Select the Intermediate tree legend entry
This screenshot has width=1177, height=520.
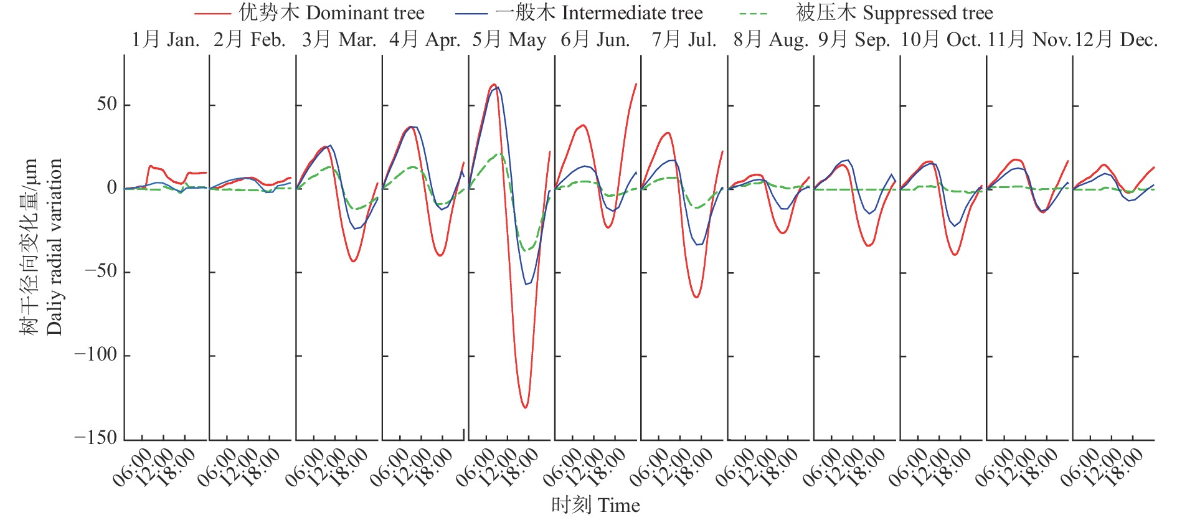pyautogui.click(x=579, y=12)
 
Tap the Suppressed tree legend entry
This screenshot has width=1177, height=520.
pyautogui.click(x=866, y=12)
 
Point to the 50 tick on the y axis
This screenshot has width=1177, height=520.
pyautogui.click(x=106, y=104)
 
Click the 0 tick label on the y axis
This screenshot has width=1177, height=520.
pyautogui.click(x=111, y=187)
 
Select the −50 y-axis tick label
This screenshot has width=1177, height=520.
pyautogui.click(x=100, y=271)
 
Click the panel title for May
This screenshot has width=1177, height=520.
pyautogui.click(x=509, y=40)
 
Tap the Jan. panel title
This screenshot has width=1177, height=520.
pyautogui.click(x=165, y=40)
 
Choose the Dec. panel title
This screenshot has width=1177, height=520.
pyautogui.click(x=1116, y=40)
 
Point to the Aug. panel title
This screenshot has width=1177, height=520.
pyautogui.click(x=770, y=40)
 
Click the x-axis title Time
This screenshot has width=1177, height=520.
pyautogui.click(x=595, y=505)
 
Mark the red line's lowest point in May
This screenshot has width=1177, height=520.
pyautogui.click(x=526, y=407)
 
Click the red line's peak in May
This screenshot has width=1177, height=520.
pyautogui.click(x=493, y=84)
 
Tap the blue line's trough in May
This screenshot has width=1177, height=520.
pyautogui.click(x=526, y=285)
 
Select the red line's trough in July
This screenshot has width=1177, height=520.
pyautogui.click(x=696, y=297)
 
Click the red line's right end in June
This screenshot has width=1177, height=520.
pyautogui.click(x=636, y=84)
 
